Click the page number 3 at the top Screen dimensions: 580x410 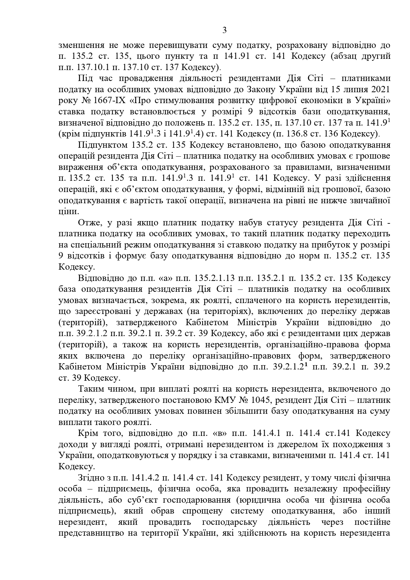224,31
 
